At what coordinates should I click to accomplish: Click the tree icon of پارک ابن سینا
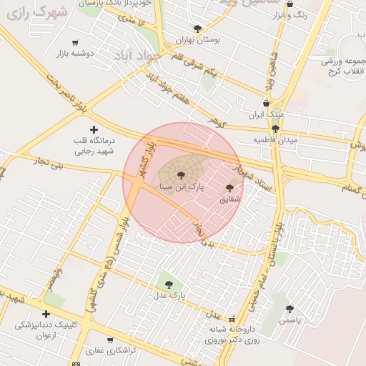point(179,174)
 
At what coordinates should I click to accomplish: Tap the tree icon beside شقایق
point(229,189)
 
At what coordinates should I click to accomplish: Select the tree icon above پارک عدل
point(169,285)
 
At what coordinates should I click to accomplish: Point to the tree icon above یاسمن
point(290,310)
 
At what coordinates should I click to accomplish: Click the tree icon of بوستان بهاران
point(198,29)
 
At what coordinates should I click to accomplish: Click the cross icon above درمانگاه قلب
point(94,129)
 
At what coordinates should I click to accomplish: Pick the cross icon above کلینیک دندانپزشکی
point(46,314)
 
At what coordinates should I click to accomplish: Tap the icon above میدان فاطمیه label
point(275,129)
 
